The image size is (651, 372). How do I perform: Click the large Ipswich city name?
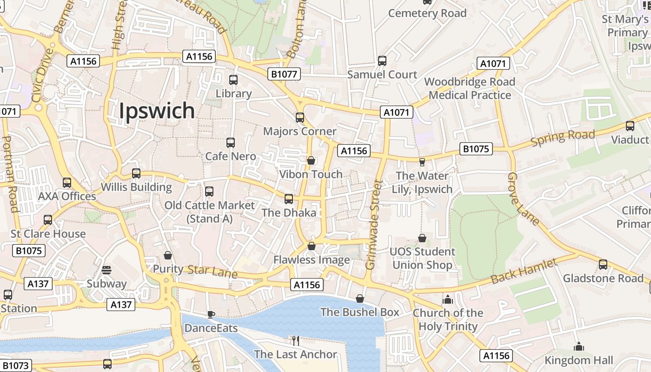click(157, 111)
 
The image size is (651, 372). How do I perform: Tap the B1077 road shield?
click(284, 74)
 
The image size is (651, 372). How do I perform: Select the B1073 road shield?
click(15, 365)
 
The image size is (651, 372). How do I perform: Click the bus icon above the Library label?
click(233, 80)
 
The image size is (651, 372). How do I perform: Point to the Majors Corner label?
click(299, 131)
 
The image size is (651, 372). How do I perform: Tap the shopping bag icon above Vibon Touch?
click(311, 160)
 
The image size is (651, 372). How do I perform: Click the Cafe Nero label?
click(231, 156)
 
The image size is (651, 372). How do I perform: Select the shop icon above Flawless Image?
click(312, 246)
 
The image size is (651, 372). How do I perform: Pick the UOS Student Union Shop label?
click(422, 259)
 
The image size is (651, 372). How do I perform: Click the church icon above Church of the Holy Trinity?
click(448, 299)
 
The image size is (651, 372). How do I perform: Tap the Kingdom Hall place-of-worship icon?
click(579, 346)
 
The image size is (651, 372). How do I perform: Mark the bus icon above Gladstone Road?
click(603, 265)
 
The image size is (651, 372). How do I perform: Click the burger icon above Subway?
click(106, 270)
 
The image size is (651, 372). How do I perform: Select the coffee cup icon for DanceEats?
click(211, 315)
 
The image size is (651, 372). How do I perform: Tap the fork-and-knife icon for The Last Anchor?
click(295, 341)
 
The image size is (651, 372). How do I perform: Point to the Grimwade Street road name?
click(373, 225)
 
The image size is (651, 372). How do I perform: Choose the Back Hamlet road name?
click(524, 272)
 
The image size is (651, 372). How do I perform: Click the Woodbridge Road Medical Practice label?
click(470, 88)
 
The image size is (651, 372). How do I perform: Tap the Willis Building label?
click(137, 187)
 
